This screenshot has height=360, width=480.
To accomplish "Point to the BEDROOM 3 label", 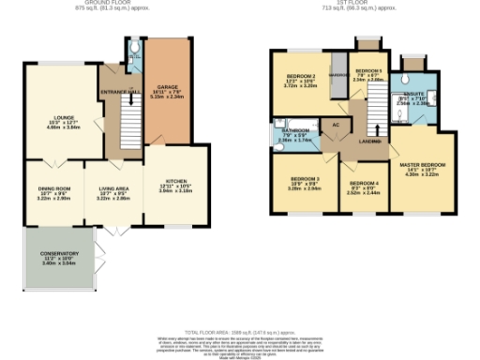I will [x=305, y=179].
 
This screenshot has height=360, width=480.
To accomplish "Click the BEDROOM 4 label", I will [x=364, y=184].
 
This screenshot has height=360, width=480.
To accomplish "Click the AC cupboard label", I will [x=335, y=124].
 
